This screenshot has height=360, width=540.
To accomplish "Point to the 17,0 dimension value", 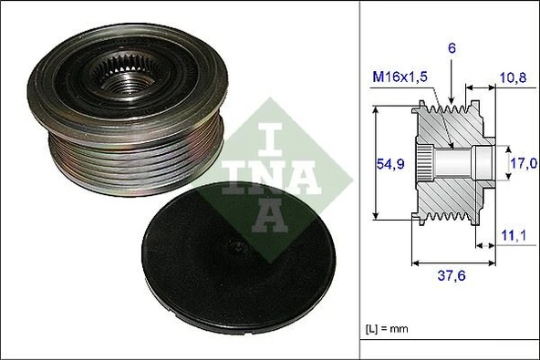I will [x=524, y=165].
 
